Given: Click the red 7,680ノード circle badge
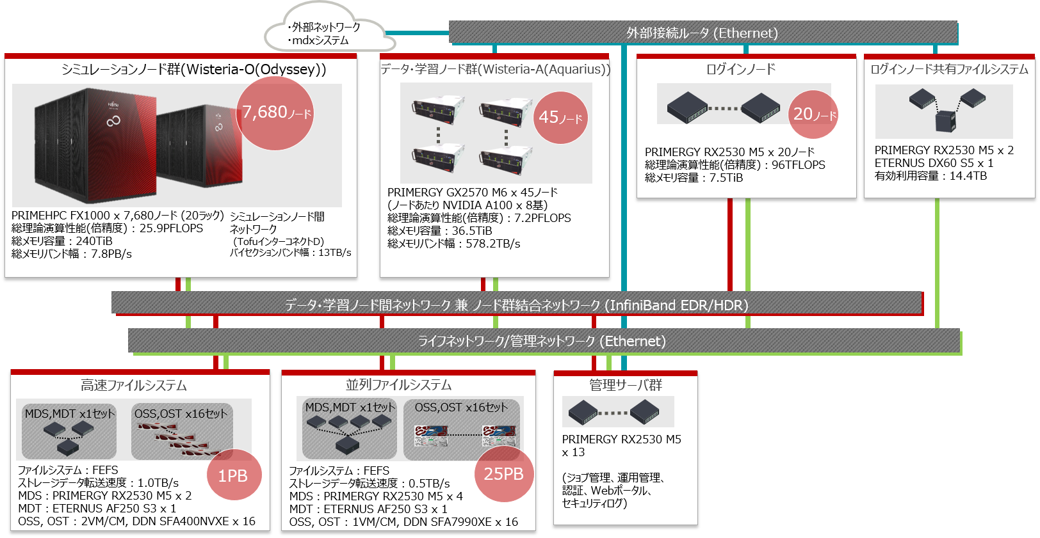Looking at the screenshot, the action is pos(275,113).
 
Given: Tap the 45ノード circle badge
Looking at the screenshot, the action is pos(560,117).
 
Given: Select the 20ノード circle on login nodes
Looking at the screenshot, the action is pos(813,114).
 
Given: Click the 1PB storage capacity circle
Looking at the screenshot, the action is pos(234,475).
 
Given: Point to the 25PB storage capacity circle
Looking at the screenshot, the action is pos(504,473).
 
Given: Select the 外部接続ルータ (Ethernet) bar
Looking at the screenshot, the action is pos(703,33).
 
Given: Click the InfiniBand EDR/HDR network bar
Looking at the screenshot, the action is pos(516,305).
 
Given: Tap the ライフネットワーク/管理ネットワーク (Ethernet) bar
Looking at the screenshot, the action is pos(543,341).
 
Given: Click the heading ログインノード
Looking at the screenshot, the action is pos(740,70).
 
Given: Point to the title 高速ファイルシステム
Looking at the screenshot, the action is pos(134,385).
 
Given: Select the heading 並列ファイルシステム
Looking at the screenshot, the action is pos(398,384).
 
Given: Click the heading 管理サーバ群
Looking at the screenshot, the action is pos(626,385).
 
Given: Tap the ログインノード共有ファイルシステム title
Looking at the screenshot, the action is pos(949,70).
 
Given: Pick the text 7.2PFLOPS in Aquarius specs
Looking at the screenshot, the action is pos(543,218).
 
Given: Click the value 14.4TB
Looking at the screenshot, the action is pos(968,176).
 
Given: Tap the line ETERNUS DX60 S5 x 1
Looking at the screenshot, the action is pos(934,162).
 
